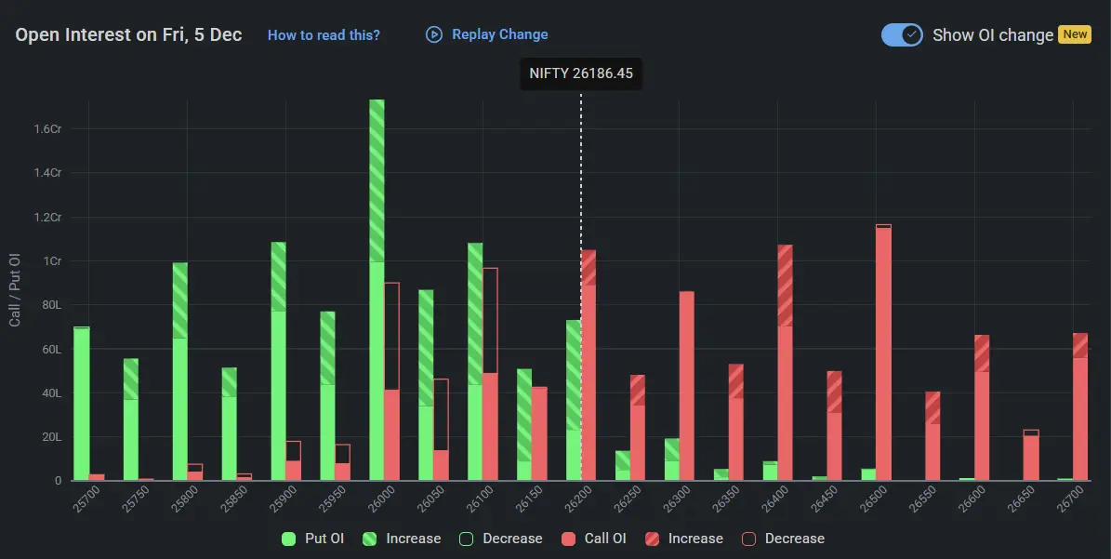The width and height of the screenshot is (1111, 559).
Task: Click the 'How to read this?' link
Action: pos(324,35)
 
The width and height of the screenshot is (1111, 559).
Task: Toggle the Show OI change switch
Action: pos(902,34)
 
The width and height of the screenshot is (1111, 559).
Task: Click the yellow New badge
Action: pos(1075,34)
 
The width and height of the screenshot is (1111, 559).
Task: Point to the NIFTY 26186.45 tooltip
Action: pos(581,73)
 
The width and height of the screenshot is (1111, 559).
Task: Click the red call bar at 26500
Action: pos(883,353)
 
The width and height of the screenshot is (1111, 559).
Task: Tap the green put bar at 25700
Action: pos(82,405)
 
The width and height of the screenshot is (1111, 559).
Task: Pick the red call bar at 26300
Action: pos(686,386)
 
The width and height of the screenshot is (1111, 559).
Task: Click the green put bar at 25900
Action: pos(278,363)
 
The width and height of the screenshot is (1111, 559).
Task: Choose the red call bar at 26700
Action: pos(1079,409)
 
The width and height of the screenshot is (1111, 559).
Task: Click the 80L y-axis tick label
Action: pos(50,305)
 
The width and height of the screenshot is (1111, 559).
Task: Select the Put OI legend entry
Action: pos(313,539)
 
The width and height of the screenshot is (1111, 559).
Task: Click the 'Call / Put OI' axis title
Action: pos(15,289)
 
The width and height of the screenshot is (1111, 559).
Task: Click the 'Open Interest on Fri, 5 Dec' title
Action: pos(128,35)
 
